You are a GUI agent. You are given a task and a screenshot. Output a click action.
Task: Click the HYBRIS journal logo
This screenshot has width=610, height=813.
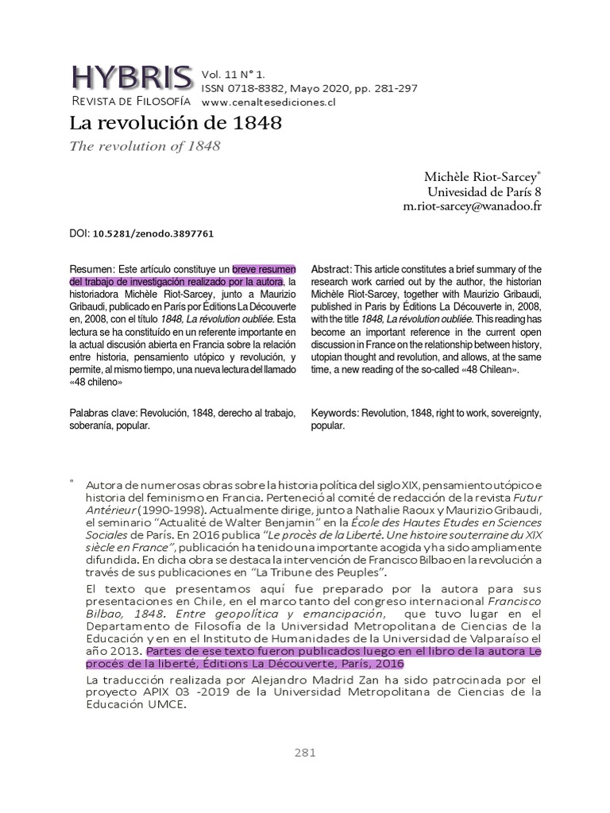(132, 77)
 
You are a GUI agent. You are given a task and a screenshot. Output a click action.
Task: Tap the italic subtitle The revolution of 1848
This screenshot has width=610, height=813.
(145, 146)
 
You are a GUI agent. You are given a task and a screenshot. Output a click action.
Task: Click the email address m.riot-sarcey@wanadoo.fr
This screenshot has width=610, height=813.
(472, 206)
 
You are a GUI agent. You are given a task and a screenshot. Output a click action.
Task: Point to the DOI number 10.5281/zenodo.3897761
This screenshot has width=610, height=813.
(153, 234)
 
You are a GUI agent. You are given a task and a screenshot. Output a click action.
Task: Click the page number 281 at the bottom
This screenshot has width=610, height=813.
(305, 753)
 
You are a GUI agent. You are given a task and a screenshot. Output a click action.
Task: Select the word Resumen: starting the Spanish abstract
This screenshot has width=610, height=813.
(92, 269)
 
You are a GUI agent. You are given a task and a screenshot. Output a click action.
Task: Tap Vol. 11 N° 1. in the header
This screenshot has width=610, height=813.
(233, 74)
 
